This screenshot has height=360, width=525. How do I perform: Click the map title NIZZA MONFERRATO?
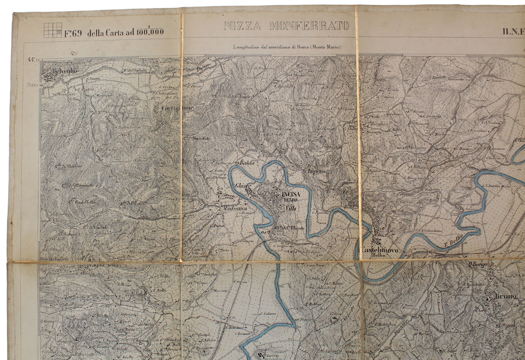click(x=287, y=26)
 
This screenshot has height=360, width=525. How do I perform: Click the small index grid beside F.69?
click(x=52, y=30)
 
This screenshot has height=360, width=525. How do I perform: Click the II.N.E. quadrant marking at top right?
click(x=513, y=31)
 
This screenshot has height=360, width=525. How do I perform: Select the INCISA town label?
click(x=290, y=194)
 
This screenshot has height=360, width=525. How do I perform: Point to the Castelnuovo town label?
click(x=377, y=248)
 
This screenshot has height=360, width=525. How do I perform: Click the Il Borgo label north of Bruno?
click(x=479, y=265)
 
